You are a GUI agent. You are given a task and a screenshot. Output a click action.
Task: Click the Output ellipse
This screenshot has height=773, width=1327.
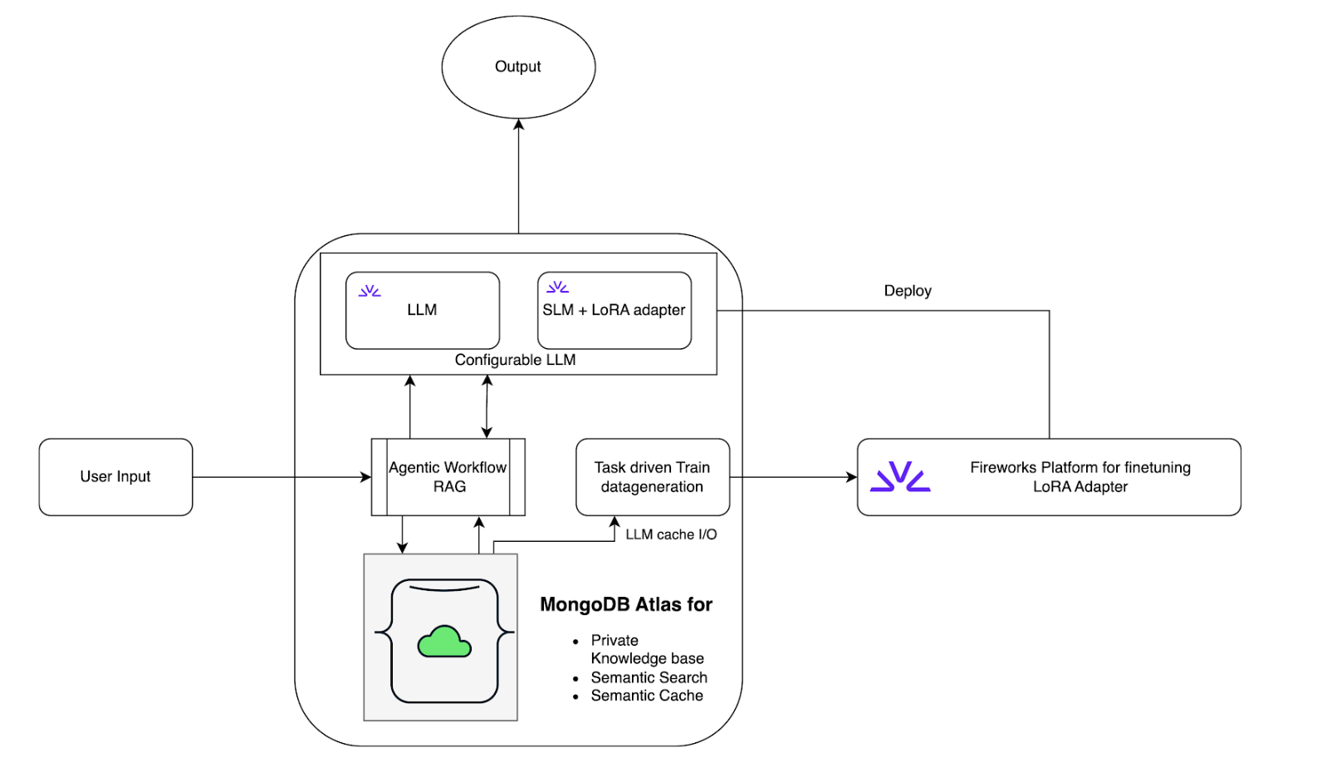pyautogui.click(x=518, y=66)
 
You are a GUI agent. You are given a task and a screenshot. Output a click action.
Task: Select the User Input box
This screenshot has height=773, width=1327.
pyautogui.click(x=115, y=477)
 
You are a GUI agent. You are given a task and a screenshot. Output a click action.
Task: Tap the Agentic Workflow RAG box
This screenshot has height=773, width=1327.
pyautogui.click(x=448, y=477)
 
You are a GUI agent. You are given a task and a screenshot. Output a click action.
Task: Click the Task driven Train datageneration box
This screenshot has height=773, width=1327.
pyautogui.click(x=653, y=477)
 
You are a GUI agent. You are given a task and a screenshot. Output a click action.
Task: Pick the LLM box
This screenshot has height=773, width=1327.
pyautogui.click(x=422, y=310)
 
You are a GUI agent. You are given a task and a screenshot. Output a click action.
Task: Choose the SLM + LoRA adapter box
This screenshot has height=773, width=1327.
pyautogui.click(x=615, y=310)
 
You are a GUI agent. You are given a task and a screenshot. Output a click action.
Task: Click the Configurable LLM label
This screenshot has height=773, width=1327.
pyautogui.click(x=515, y=360)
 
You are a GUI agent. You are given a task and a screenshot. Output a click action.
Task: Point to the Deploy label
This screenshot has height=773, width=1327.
pyautogui.click(x=908, y=291)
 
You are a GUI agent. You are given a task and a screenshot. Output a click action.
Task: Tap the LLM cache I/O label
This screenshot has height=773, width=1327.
pyautogui.click(x=671, y=534)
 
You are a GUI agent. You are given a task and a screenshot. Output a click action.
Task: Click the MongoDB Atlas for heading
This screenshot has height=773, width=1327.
pyautogui.click(x=626, y=604)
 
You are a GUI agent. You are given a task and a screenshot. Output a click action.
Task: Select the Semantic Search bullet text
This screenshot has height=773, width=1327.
pyautogui.click(x=649, y=677)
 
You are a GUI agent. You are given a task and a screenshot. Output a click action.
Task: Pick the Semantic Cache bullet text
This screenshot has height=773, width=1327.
pyautogui.click(x=646, y=696)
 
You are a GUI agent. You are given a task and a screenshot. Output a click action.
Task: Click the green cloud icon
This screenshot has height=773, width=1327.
pyautogui.click(x=444, y=642)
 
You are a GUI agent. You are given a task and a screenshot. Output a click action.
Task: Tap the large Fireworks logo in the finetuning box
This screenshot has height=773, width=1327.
pyautogui.click(x=900, y=477)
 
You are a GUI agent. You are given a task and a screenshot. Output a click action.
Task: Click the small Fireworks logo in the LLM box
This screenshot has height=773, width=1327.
pyautogui.click(x=370, y=291)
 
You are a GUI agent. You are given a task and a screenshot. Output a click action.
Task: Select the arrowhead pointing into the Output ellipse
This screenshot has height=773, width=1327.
pyautogui.click(x=518, y=125)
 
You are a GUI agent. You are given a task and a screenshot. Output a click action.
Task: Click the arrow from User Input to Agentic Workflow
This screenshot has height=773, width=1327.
pyautogui.click(x=282, y=477)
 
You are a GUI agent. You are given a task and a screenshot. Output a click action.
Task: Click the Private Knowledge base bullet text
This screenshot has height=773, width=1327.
pyautogui.click(x=646, y=649)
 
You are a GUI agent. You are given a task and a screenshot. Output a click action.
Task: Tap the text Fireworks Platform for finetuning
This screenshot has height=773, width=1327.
pyautogui.click(x=1080, y=467)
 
